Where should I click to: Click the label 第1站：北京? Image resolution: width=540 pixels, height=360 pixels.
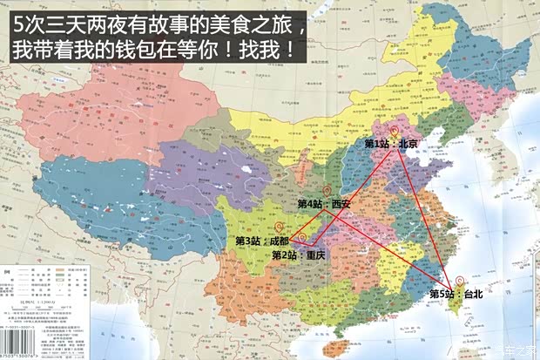tap(391, 144)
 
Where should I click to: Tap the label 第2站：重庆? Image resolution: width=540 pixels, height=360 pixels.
tap(299, 255)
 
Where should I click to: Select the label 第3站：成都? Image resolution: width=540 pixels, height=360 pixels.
tap(262, 240)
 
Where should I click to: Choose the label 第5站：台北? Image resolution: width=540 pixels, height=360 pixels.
tap(456, 295)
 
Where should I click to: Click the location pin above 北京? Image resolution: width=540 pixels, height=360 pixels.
tap(393, 130)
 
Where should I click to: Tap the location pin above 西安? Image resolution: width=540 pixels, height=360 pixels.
tap(327, 190)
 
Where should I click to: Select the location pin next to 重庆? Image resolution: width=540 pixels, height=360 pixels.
tap(301, 236)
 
